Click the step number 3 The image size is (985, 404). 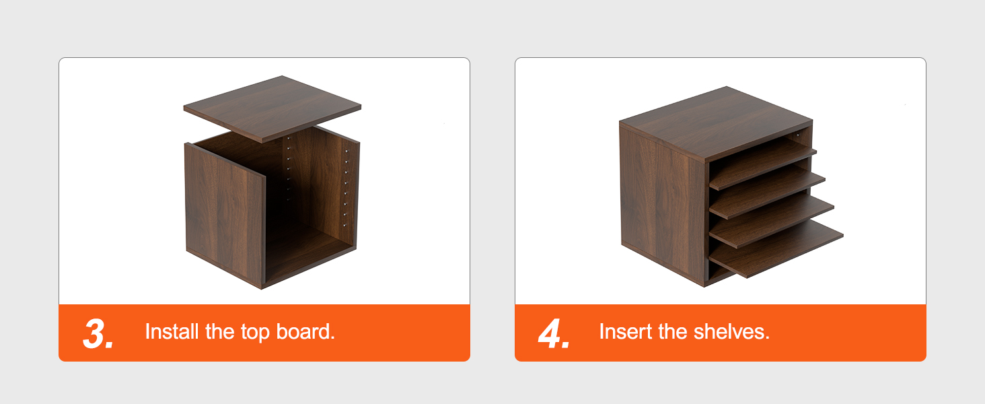tap(98, 333)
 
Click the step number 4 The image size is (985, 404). tap(554, 333)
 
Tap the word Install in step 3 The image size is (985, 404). tap(172, 331)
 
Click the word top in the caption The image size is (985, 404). tap(255, 333)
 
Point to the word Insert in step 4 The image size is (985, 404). tap(625, 331)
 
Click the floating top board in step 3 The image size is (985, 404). tap(272, 108)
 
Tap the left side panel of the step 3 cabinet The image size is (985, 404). tap(225, 214)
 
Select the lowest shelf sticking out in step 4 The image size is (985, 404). tap(776, 248)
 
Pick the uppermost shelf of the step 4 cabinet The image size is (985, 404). tap(762, 162)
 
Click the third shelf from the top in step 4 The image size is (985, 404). tap(771, 220)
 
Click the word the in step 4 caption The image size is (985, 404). tap(672, 331)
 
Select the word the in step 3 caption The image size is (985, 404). tap(219, 331)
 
